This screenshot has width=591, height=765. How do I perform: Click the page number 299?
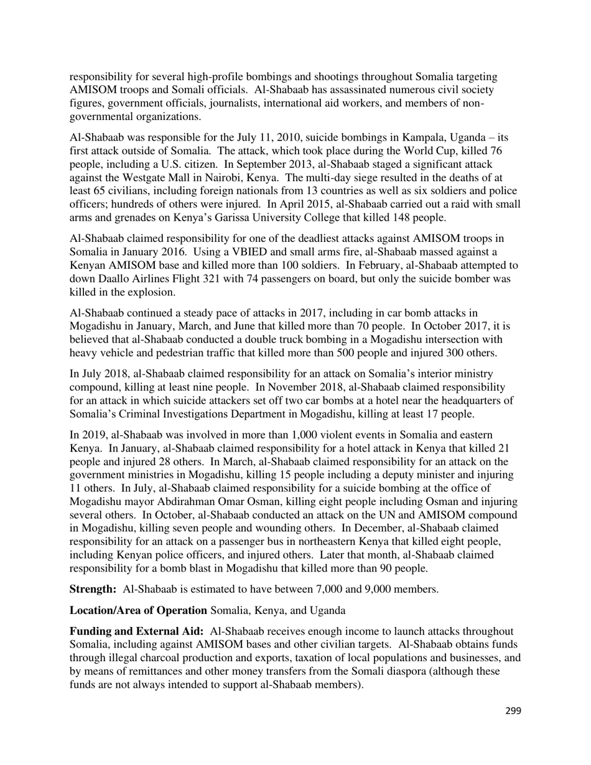(513, 711)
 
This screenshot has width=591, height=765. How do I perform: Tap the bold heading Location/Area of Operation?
(138, 610)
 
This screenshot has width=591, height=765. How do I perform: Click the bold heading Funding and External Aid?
(136, 631)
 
